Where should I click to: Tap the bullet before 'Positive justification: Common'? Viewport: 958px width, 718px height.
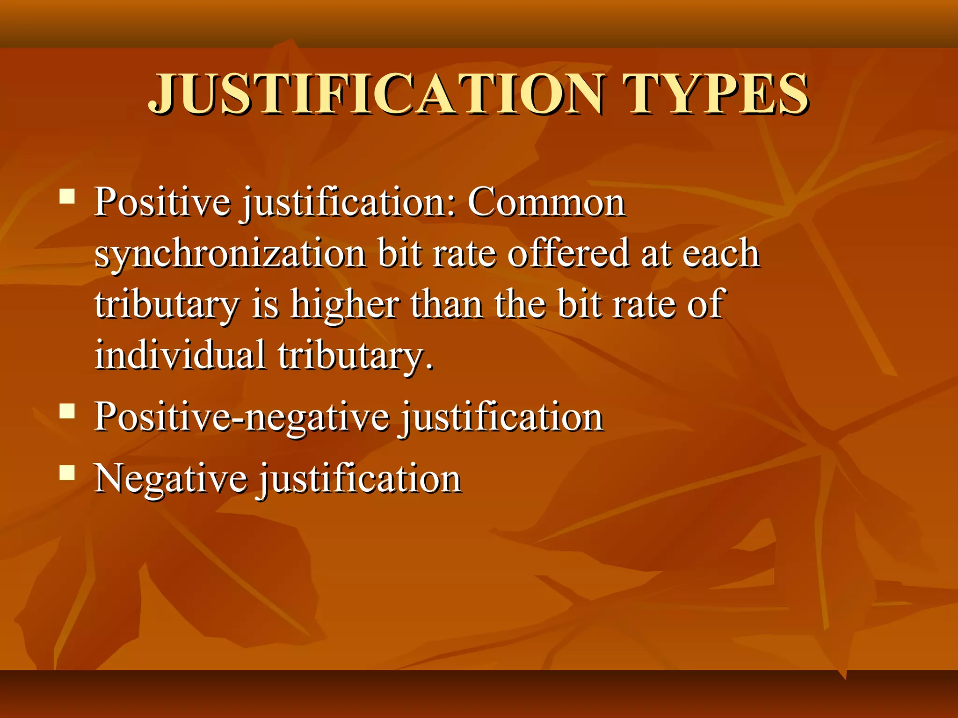pos(67,196)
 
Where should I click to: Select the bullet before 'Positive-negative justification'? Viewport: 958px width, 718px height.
pos(67,411)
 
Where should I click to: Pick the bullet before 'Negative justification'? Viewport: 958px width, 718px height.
pos(67,473)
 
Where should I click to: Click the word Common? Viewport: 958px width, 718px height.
pos(546,202)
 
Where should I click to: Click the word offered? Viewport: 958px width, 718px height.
pos(568,253)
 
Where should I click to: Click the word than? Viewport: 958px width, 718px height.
pos(447,304)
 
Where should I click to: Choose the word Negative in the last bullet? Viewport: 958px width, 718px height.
pos(171,479)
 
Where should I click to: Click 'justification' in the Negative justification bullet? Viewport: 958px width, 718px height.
pos(361,479)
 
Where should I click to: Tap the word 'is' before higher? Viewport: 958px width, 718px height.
pos(266,304)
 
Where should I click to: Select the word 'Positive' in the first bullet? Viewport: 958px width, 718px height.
pos(162,202)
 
